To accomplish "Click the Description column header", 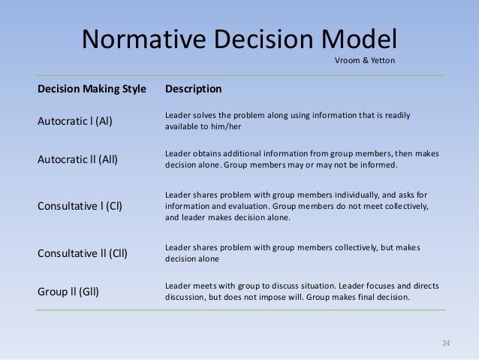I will [193, 89].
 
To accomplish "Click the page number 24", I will [446, 343].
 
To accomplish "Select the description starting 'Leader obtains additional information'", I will [301, 159].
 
